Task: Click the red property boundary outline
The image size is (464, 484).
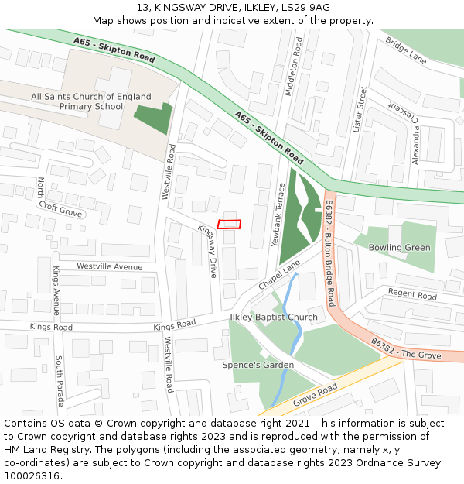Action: pyautogui.click(x=229, y=225)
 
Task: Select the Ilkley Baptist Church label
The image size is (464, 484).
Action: pyautogui.click(x=274, y=318)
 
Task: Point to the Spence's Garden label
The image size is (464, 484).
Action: pyautogui.click(x=258, y=365)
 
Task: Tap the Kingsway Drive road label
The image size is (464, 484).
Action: pyautogui.click(x=208, y=251)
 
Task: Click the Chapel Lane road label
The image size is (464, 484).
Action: pyautogui.click(x=278, y=276)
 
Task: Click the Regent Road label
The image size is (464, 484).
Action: pyautogui.click(x=412, y=294)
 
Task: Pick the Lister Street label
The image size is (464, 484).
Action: pyautogui.click(x=359, y=109)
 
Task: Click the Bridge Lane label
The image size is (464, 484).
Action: pyautogui.click(x=406, y=51)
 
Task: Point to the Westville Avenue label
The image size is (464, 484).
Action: pyautogui.click(x=109, y=266)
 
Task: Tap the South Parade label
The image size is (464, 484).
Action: pyautogui.click(x=60, y=381)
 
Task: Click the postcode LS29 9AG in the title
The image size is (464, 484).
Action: pyautogui.click(x=307, y=8)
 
